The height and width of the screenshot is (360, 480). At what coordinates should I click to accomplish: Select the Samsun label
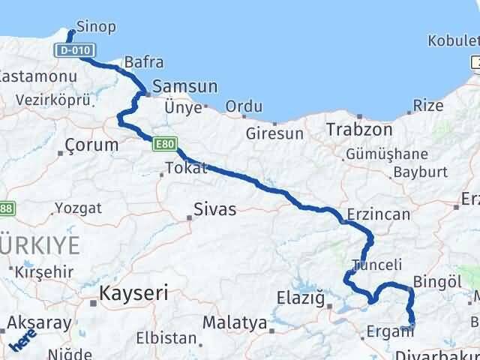[x=184, y=86]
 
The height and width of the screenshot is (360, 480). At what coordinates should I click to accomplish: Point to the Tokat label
[x=185, y=168]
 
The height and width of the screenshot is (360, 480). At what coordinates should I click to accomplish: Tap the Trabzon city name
[x=359, y=129]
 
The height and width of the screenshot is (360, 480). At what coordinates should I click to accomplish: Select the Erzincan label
[x=379, y=214]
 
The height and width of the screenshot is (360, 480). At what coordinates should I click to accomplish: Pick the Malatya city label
[x=233, y=323]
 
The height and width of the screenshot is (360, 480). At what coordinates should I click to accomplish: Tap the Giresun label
[x=274, y=134]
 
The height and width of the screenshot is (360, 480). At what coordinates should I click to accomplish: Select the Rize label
[x=428, y=106]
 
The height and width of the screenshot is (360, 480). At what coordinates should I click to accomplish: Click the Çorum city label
[x=91, y=144]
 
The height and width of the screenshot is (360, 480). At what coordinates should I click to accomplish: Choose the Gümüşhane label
[x=386, y=154]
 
